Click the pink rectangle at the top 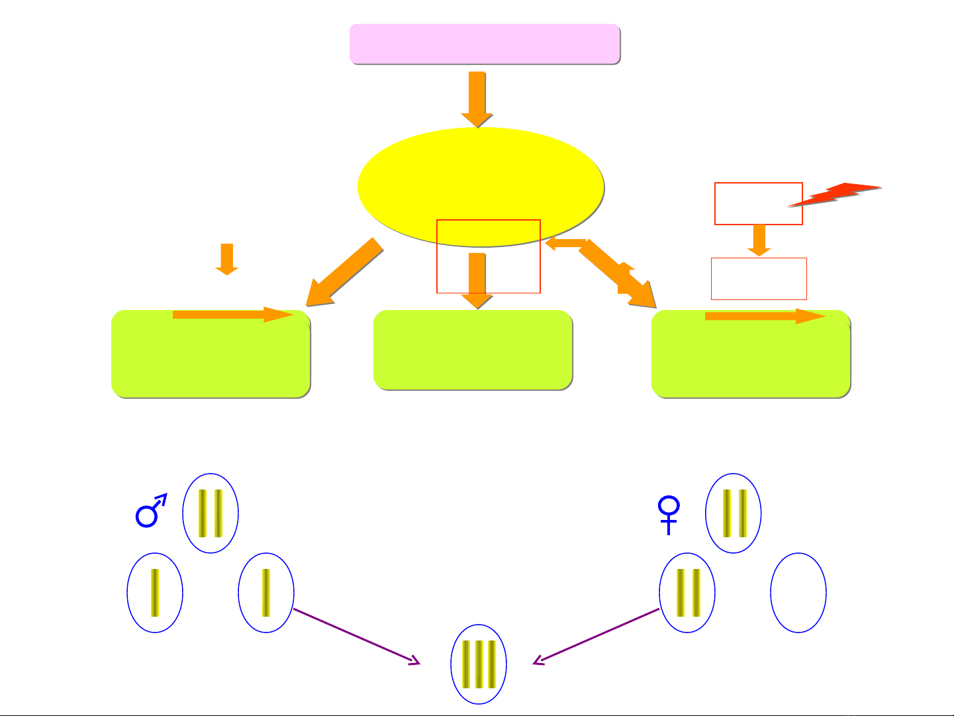click(485, 44)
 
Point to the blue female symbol click(669, 514)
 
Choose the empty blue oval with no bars click(798, 593)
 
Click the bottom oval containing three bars click(478, 664)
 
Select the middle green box click(473, 350)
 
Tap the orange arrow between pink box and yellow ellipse click(477, 98)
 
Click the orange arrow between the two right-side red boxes click(759, 240)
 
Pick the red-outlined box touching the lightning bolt click(758, 203)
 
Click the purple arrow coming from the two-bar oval click(596, 636)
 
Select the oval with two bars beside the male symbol click(211, 513)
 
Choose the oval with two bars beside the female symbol click(734, 513)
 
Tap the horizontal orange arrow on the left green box click(232, 315)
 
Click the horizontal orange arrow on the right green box click(765, 317)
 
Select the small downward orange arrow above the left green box click(227, 259)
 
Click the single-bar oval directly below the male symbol click(155, 593)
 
